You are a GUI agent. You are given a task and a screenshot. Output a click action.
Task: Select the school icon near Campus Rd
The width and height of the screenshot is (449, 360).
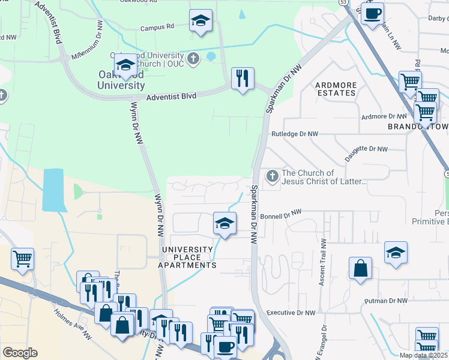coord(200,21)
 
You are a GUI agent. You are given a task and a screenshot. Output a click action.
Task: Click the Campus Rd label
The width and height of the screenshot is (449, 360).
coord(157,27)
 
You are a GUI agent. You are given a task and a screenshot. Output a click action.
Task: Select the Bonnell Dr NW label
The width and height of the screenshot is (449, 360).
coord(280,213)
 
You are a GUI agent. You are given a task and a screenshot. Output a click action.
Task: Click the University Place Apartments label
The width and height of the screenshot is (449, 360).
coord(187,257)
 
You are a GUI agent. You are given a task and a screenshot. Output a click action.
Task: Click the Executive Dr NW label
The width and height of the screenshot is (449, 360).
coord(291,313)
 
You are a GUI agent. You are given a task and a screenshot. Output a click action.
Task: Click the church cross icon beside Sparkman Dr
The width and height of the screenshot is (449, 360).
coord(272,176)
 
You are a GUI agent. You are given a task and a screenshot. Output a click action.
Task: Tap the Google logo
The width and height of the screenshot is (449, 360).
coord(20,353)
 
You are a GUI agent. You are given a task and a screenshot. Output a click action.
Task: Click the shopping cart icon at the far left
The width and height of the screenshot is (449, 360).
coord(23,259)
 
